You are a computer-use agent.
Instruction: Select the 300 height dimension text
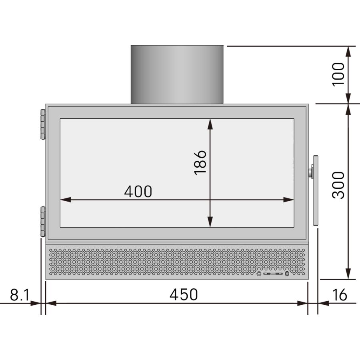[338, 185]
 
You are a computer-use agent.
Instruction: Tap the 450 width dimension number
[184, 295]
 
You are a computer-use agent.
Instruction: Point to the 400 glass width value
[138, 192]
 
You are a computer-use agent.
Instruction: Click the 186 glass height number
[200, 162]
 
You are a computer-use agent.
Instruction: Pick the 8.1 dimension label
[20, 296]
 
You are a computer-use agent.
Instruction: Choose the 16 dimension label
[339, 296]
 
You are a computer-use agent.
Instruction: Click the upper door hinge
[42, 124]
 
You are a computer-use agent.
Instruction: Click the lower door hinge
[42, 221]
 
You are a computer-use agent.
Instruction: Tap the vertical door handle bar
[316, 190]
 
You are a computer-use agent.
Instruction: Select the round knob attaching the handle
[310, 173]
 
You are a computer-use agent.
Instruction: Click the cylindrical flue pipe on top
[177, 74]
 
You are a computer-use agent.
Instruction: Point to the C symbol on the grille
[259, 274]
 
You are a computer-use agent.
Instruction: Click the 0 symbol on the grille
[287, 274]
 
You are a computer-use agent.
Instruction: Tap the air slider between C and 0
[273, 274]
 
